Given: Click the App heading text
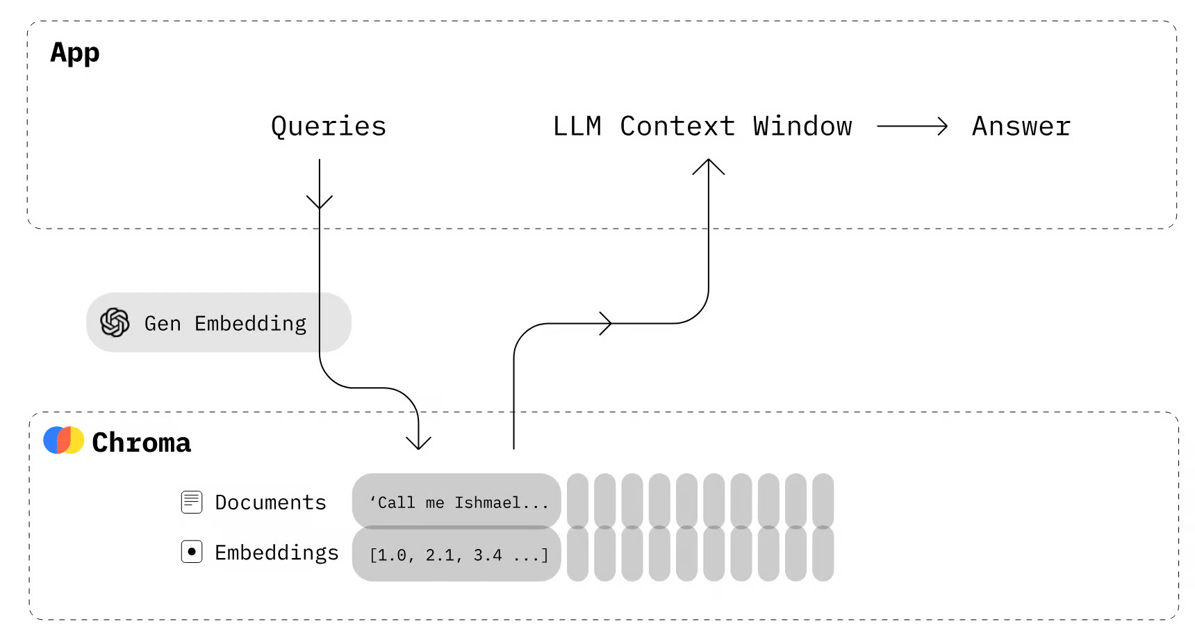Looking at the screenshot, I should (x=75, y=53).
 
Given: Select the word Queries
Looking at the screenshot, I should (x=328, y=126).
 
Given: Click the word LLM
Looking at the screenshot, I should (x=577, y=126).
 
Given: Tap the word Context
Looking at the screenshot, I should (x=677, y=126).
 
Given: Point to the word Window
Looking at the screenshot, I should (x=802, y=126).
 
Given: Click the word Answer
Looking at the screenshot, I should (x=1021, y=126).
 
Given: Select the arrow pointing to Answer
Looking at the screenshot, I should (x=912, y=126).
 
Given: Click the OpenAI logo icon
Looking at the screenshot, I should (x=115, y=322).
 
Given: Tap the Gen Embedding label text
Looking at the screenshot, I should (x=225, y=324).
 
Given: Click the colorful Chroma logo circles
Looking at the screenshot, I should (x=63, y=440).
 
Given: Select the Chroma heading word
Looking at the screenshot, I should (x=141, y=443).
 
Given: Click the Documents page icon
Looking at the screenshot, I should (x=192, y=502).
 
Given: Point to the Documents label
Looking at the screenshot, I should (x=270, y=502).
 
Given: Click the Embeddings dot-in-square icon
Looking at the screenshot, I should (x=192, y=552).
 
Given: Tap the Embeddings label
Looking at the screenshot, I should (x=277, y=552).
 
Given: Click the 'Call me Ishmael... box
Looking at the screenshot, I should (x=456, y=501).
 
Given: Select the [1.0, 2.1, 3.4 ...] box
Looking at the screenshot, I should (x=456, y=554).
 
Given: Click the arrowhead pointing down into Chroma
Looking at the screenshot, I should (x=418, y=443).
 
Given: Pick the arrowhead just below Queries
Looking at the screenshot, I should (x=320, y=202).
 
